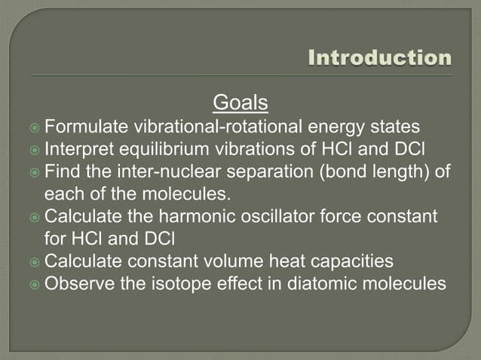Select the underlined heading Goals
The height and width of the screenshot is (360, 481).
[x=240, y=102]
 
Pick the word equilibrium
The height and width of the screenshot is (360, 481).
[x=156, y=148]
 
